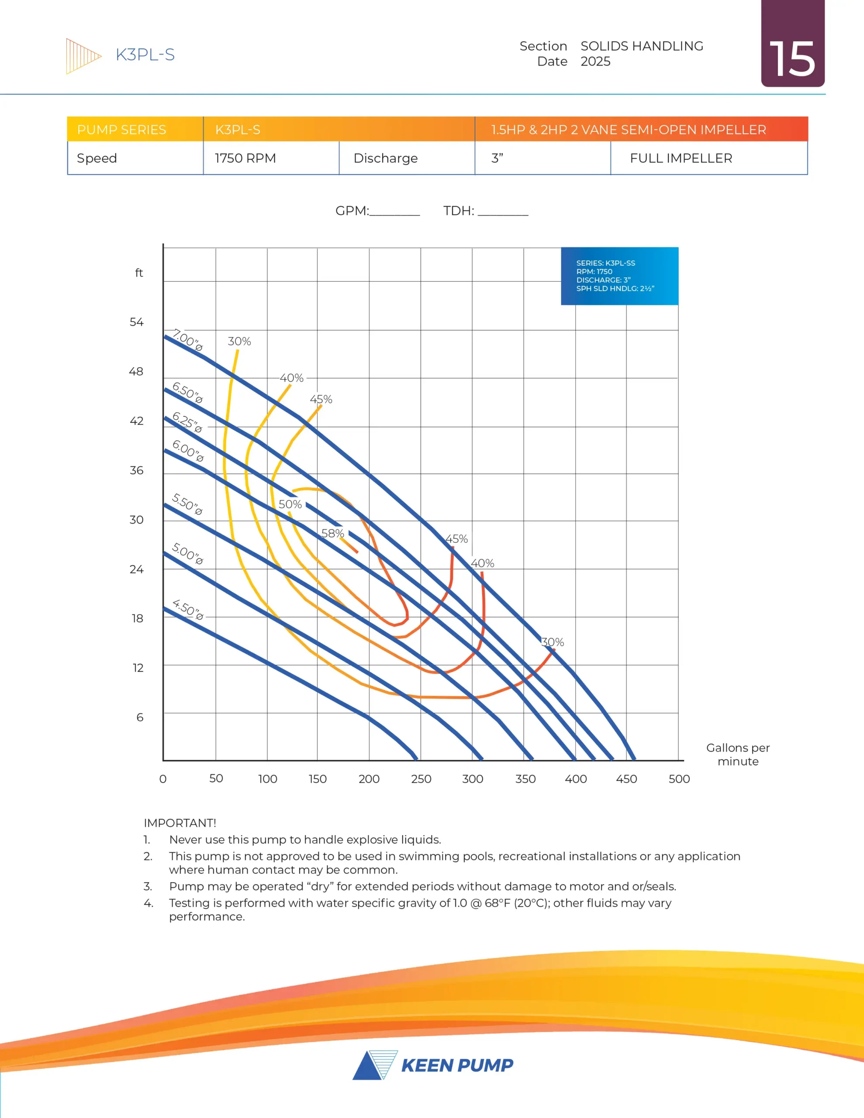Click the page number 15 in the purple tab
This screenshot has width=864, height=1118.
(792, 59)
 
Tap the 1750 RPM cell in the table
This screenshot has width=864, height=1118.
(245, 158)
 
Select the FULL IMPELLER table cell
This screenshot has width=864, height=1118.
(681, 158)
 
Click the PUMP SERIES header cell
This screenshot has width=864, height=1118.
(122, 130)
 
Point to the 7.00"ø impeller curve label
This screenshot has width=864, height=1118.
(187, 340)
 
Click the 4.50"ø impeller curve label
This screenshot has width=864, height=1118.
(188, 609)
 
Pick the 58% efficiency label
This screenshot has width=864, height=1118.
(333, 533)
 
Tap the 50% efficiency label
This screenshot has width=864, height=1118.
(290, 504)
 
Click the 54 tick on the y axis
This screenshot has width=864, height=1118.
(136, 322)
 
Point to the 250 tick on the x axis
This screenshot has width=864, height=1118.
(421, 779)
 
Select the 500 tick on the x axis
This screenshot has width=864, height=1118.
(679, 779)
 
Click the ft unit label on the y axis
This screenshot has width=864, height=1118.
(139, 273)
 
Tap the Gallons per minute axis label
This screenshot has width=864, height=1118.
(737, 754)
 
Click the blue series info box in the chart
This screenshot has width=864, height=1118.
(619, 276)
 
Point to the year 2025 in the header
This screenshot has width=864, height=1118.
(595, 62)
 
